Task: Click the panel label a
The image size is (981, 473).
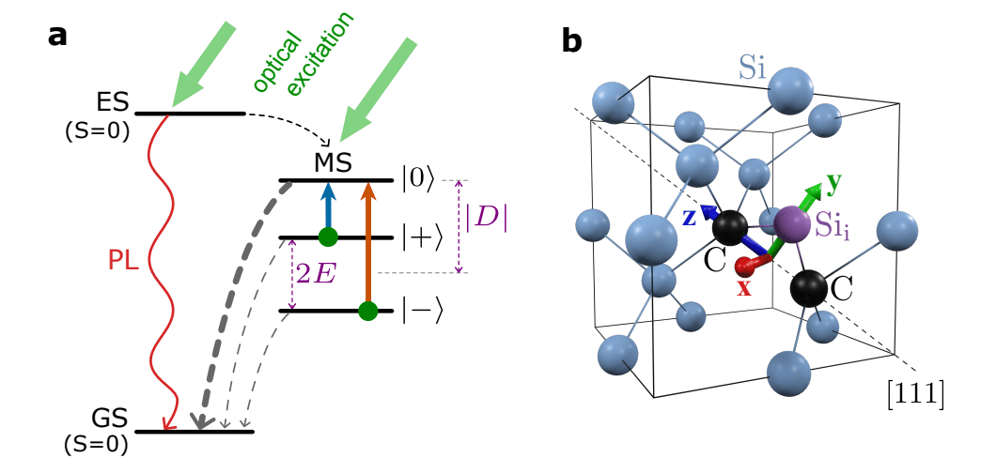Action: (x=57, y=36)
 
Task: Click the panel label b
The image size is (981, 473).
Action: (x=572, y=41)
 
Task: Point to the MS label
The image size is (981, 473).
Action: (x=333, y=162)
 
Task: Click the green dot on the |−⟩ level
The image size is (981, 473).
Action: (x=368, y=310)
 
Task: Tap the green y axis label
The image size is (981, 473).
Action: (x=832, y=181)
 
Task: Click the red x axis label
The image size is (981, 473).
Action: (x=744, y=287)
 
